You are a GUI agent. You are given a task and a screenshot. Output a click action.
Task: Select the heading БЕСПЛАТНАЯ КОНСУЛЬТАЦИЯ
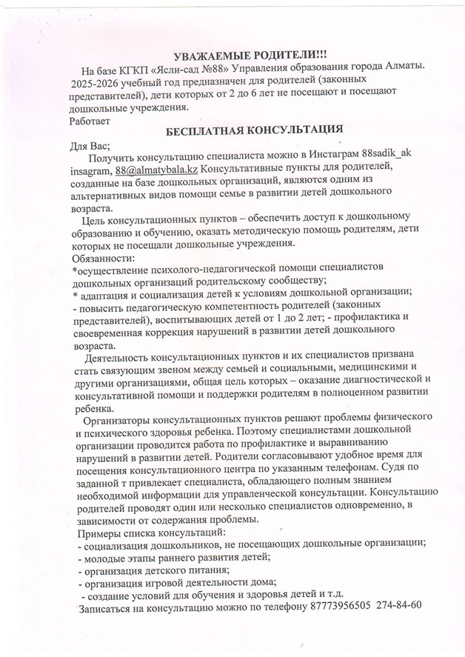(x=254, y=129)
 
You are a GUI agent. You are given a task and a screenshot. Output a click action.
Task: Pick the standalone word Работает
(x=90, y=119)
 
